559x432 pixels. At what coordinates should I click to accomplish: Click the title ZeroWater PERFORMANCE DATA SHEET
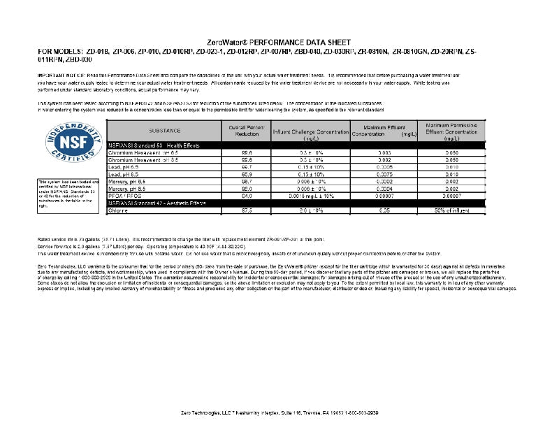[279, 43]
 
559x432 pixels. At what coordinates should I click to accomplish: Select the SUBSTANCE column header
[164, 131]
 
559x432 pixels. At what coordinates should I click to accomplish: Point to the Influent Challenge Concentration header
[310, 133]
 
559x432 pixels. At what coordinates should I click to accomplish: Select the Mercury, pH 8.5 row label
[126, 188]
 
